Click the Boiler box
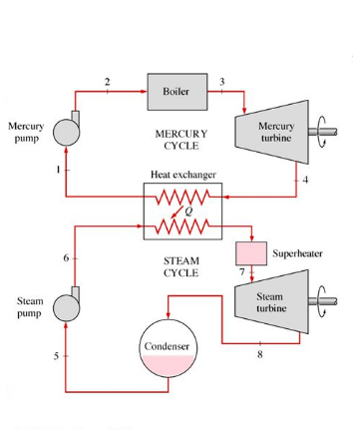pos(176,91)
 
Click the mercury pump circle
pos(67,132)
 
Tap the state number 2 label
pos(108,80)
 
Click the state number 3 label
pos(221,80)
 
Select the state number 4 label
pos(306,180)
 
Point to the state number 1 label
pos(58,171)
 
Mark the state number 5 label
pos(57,356)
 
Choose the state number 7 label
pos(241,272)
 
